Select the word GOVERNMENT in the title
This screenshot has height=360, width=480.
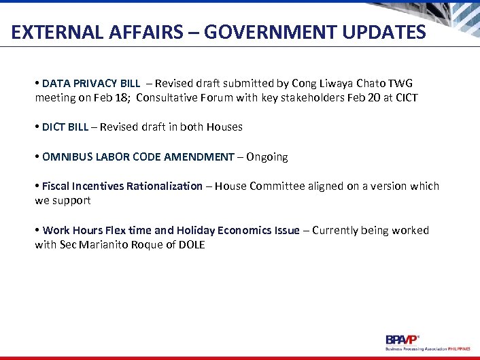point(275,32)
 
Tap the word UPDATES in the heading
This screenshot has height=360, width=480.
point(384,32)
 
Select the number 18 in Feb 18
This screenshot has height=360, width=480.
point(122,97)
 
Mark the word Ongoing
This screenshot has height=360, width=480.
point(267,157)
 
